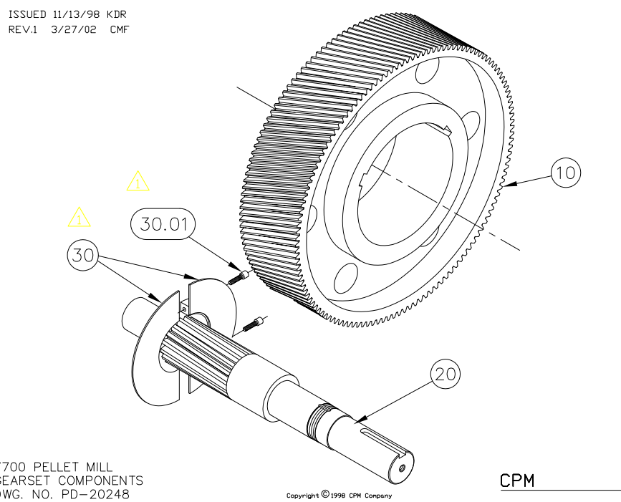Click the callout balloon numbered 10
(565, 173)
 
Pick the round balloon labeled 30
(85, 255)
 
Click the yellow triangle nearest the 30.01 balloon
(138, 181)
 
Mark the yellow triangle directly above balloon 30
(80, 216)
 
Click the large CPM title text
(517, 481)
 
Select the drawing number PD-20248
(92, 493)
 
